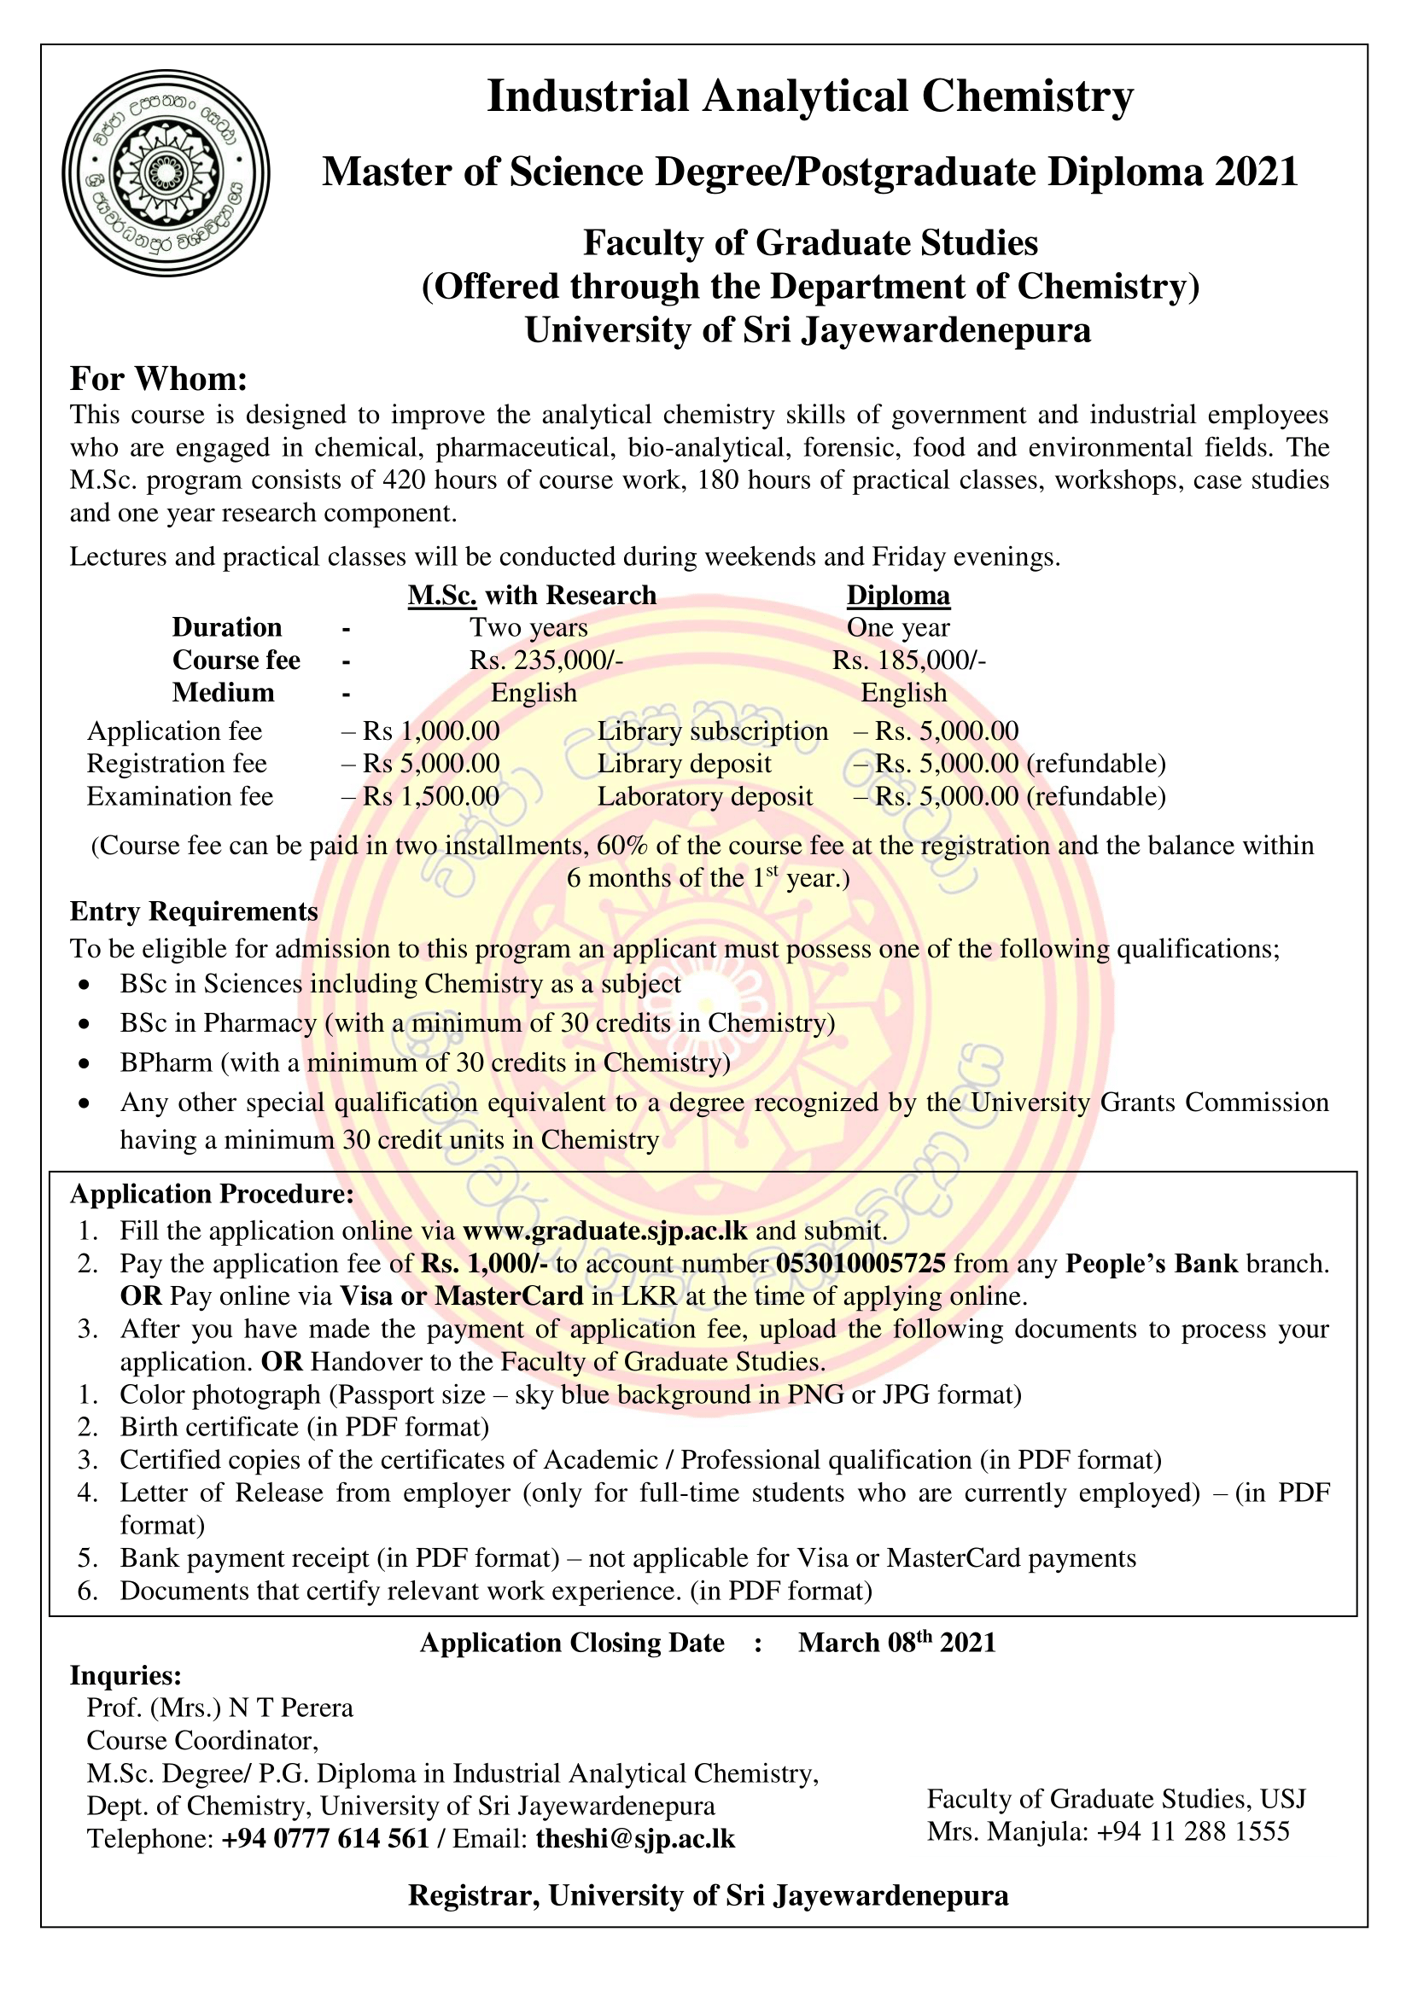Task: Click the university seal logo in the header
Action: [x=166, y=173]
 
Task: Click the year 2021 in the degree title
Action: [x=1257, y=172]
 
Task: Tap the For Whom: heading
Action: [x=159, y=379]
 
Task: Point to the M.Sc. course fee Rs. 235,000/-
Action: [x=546, y=660]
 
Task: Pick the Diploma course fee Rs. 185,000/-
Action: [x=908, y=660]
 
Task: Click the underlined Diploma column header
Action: [x=898, y=596]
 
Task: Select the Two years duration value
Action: [x=528, y=628]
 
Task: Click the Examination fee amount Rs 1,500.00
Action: [x=430, y=796]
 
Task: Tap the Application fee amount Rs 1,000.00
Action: [x=430, y=731]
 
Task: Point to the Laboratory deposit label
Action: [x=704, y=796]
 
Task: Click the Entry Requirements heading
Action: [x=194, y=911]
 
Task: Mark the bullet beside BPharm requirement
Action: [x=84, y=1063]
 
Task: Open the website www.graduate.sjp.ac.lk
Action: [x=605, y=1231]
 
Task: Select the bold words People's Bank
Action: [x=1151, y=1263]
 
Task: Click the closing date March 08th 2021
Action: [x=896, y=1642]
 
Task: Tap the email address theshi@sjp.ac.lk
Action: [x=636, y=1839]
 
